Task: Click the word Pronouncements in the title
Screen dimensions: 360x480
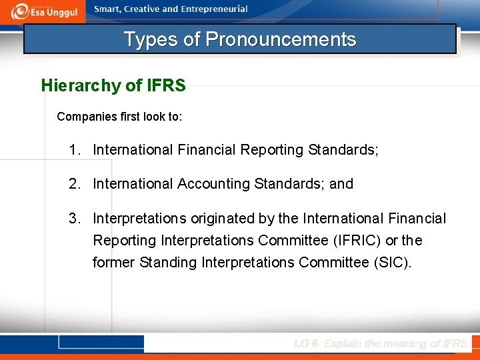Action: tap(281, 39)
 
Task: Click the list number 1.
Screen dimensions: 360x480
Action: tap(74, 150)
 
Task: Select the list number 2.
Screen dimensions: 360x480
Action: tap(74, 184)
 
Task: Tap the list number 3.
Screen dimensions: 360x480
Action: tap(74, 219)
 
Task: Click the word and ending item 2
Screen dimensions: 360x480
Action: tap(341, 184)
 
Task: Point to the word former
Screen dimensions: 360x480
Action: tap(114, 263)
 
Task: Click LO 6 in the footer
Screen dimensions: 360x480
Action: tap(306, 343)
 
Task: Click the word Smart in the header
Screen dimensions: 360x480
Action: tap(109, 9)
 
